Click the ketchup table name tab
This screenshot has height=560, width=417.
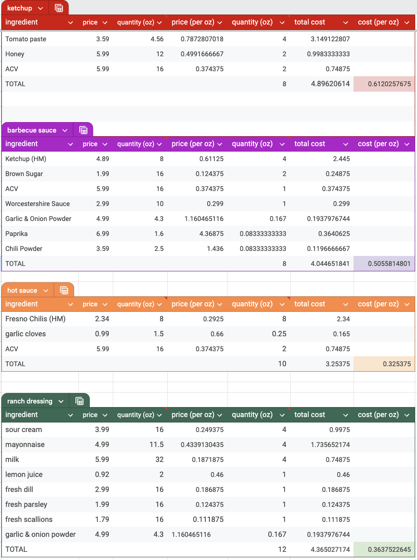pos(20,8)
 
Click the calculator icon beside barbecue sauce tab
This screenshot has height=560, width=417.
pos(83,130)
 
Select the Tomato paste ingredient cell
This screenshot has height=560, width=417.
pos(26,39)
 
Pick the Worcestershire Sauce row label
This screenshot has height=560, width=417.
pos(38,204)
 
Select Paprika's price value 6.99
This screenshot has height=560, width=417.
pos(102,234)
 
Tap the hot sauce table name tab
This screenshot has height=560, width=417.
pos(22,290)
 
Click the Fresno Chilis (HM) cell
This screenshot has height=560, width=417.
pos(35,319)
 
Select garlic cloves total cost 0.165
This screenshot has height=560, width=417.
pos(341,334)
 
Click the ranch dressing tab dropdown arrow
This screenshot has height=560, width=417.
pos(61,401)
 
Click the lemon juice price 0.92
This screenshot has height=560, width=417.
pos(102,475)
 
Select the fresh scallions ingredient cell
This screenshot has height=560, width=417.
pos(29,520)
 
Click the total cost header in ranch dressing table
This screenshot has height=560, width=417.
pos(310,415)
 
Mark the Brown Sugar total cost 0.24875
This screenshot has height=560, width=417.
pos(337,174)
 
